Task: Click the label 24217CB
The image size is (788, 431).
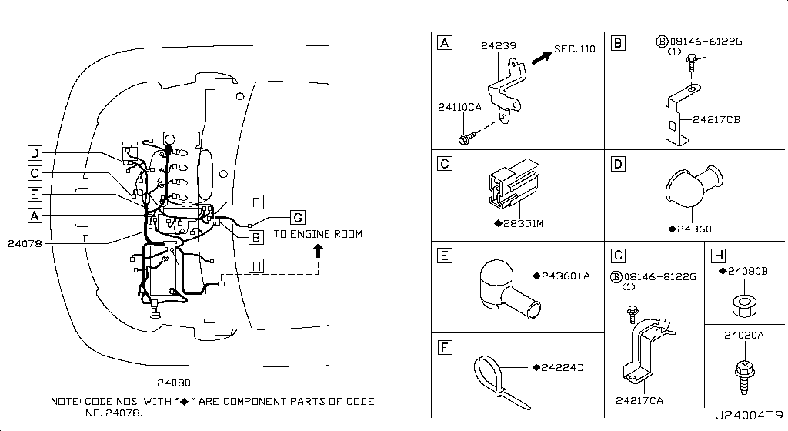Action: click(716, 119)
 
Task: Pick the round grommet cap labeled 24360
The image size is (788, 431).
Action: click(689, 189)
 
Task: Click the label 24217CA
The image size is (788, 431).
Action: click(639, 399)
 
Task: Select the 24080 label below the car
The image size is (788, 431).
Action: click(175, 382)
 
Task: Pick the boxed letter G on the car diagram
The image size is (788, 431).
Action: click(298, 216)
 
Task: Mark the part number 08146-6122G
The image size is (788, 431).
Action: click(700, 40)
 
